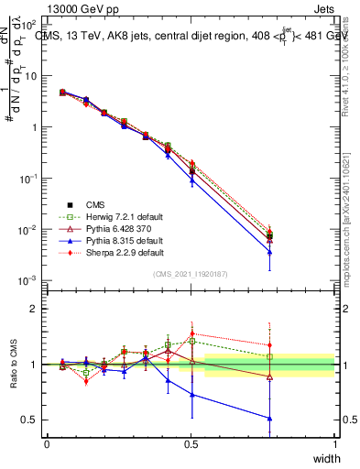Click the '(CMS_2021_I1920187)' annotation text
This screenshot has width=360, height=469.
tap(191, 272)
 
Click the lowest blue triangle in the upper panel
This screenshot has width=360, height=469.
tap(269, 253)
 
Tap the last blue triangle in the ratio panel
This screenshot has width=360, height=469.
tap(269, 419)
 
